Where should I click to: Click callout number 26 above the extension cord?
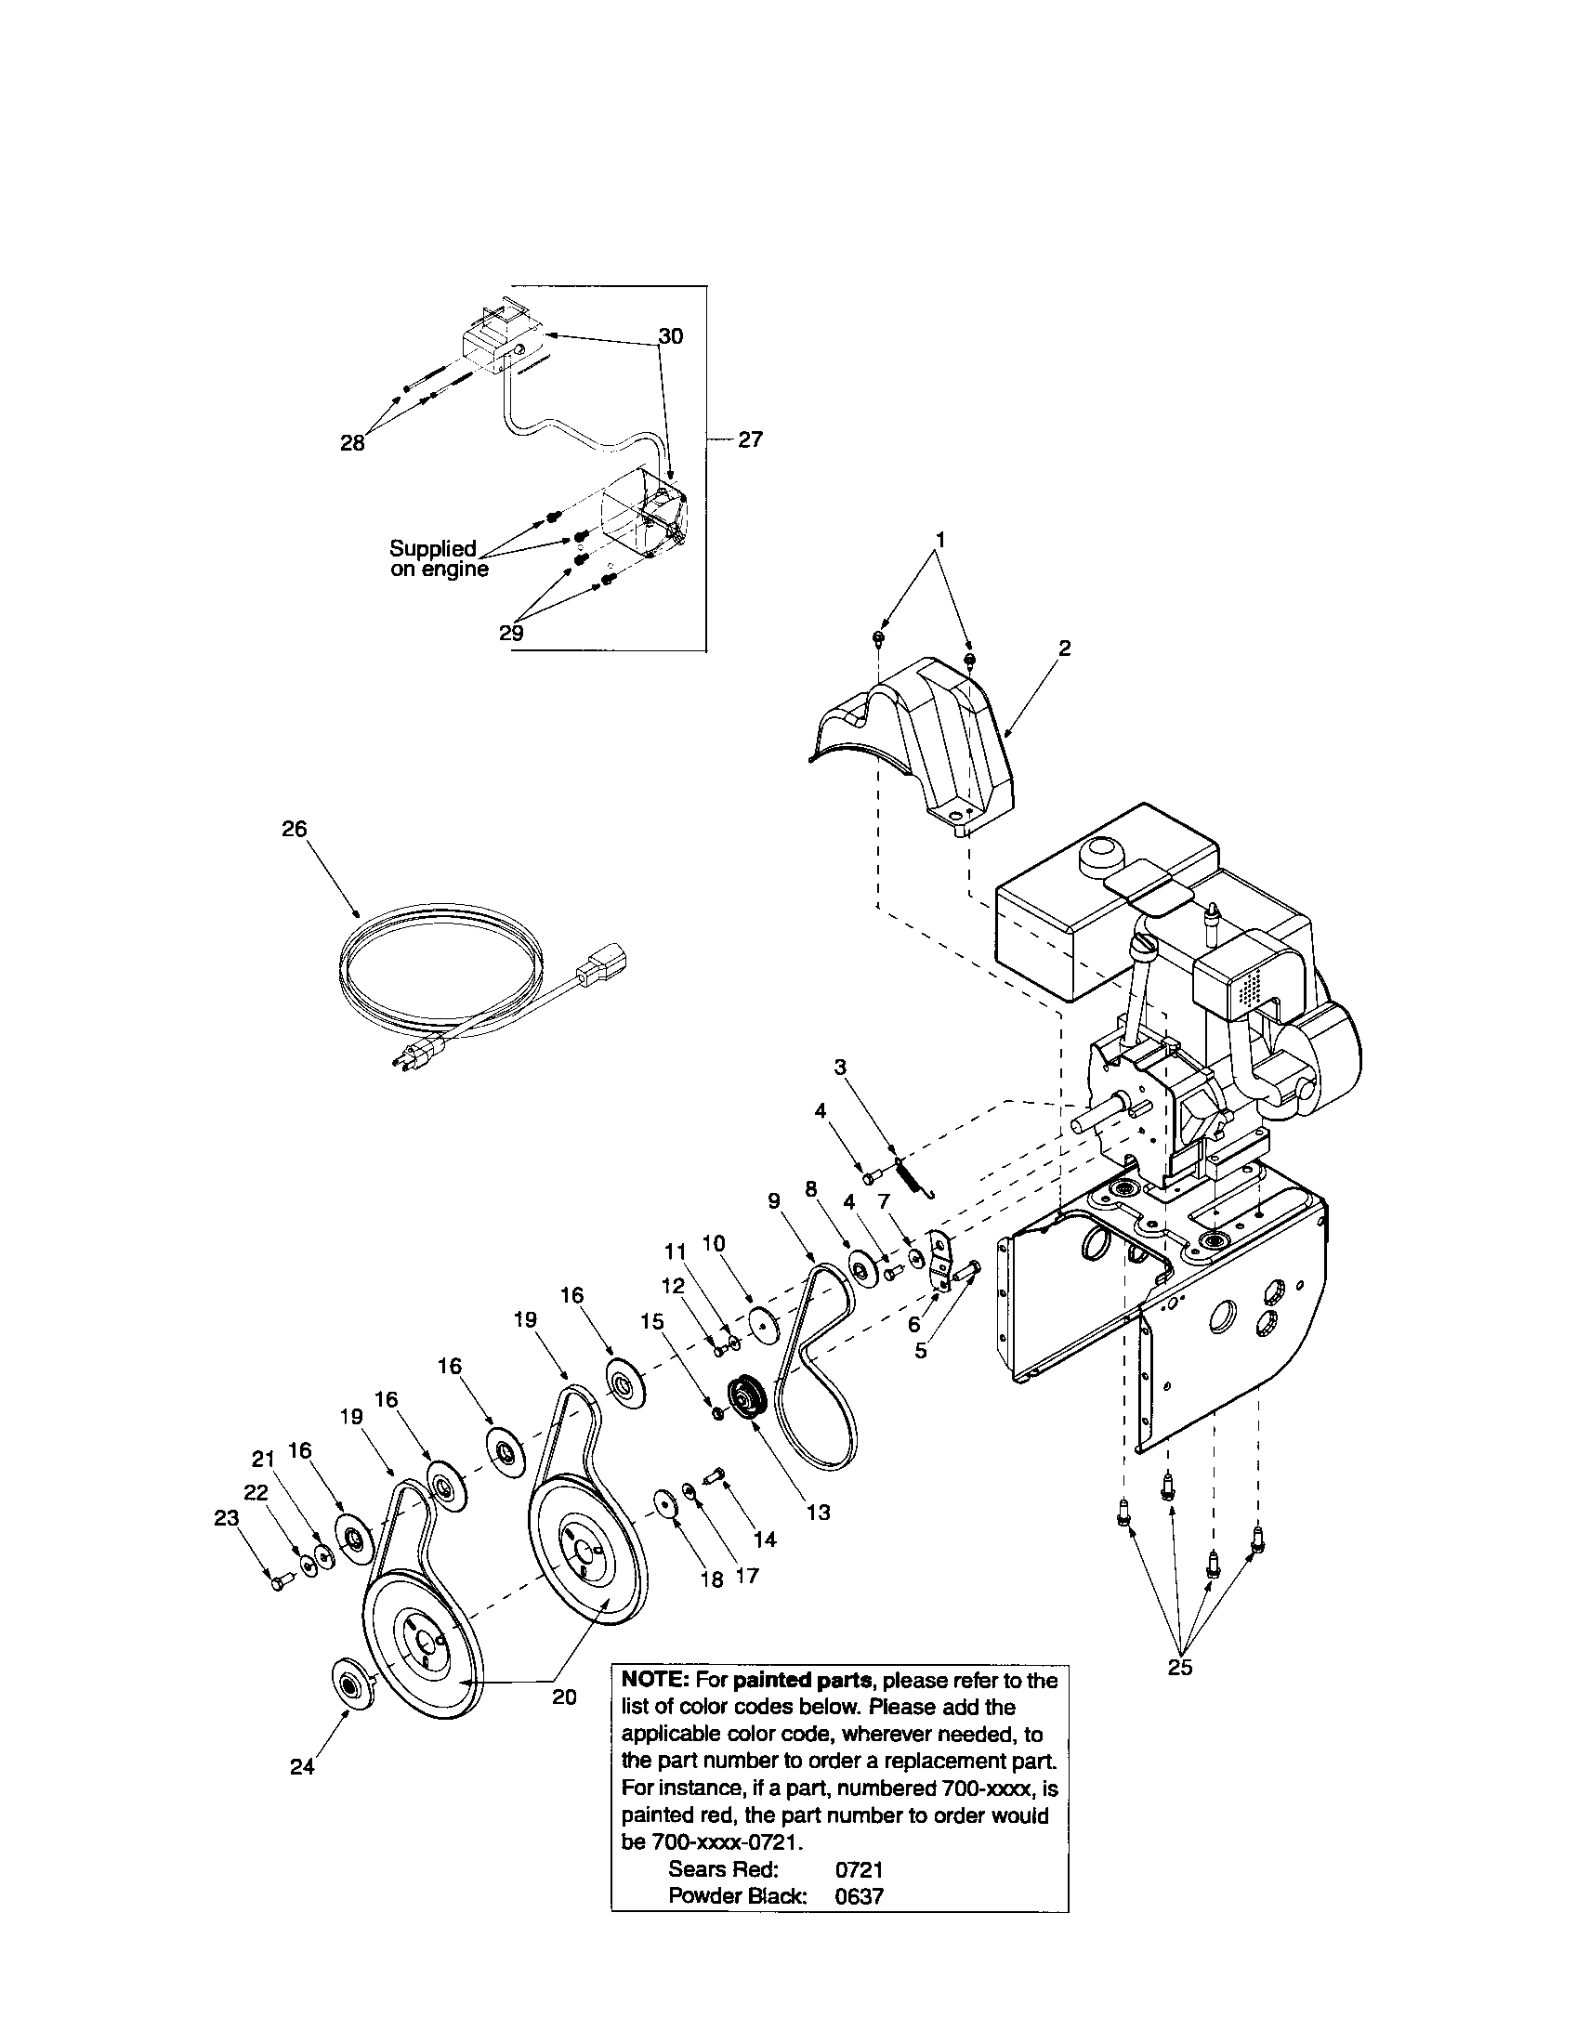pyautogui.click(x=294, y=829)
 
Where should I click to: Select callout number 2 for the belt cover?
pyautogui.click(x=1065, y=648)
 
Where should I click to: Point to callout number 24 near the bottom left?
pyautogui.click(x=302, y=1767)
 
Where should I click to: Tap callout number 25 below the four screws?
pyautogui.click(x=1180, y=1667)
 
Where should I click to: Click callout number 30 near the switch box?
pyautogui.click(x=670, y=336)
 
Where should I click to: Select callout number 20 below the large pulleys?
pyautogui.click(x=564, y=1697)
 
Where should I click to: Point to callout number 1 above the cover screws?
pyautogui.click(x=940, y=540)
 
